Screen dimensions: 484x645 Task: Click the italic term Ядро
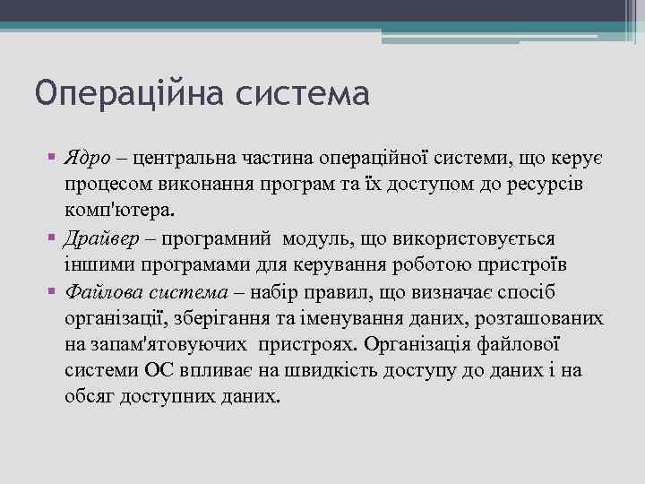87,159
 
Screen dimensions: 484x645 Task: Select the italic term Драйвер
100,239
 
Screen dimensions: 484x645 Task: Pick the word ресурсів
538,186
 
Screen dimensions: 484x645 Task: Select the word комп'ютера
121,212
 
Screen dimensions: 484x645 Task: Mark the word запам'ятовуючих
173,346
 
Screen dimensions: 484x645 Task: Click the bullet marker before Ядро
52,159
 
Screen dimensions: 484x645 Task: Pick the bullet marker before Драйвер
52,239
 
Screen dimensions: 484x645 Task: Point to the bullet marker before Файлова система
52,292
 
